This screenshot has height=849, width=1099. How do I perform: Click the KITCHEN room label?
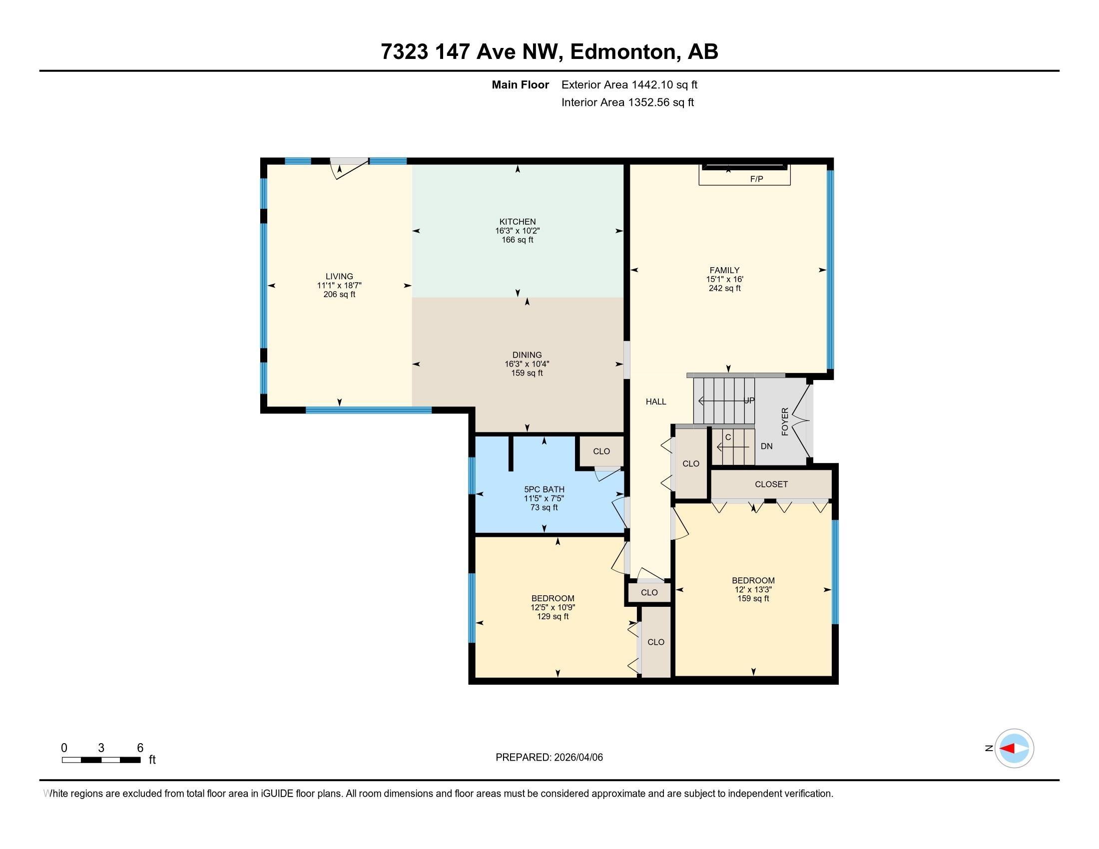pos(518,222)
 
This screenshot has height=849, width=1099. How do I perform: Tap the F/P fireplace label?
pos(756,179)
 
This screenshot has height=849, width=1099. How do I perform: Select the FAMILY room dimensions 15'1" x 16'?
pos(725,279)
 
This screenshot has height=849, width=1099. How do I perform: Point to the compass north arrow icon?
pos(1014,749)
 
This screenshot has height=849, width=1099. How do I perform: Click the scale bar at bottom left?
pos(101,760)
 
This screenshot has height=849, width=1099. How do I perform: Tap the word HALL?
pos(656,402)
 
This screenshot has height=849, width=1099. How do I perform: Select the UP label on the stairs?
pos(749,401)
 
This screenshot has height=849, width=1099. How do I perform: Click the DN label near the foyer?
pos(766,446)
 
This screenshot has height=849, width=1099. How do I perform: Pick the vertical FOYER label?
pos(785,422)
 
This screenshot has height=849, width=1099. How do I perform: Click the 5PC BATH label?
pos(544,489)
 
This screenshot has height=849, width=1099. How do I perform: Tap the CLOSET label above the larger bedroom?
pos(771,484)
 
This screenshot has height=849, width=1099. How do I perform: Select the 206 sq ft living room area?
pos(339,295)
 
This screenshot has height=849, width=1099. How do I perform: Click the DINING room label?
pos(527,355)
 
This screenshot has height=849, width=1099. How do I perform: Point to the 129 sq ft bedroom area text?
pos(552,617)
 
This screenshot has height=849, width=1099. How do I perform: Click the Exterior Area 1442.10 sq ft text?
pos(629,85)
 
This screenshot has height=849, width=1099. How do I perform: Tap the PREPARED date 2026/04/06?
pos(549,758)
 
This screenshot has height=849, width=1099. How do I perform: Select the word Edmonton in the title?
pos(623,52)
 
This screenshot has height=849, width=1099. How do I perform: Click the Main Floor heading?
pos(520,85)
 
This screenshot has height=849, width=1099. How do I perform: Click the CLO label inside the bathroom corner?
pos(601,451)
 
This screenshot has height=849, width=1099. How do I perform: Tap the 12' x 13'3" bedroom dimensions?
pos(753,589)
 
